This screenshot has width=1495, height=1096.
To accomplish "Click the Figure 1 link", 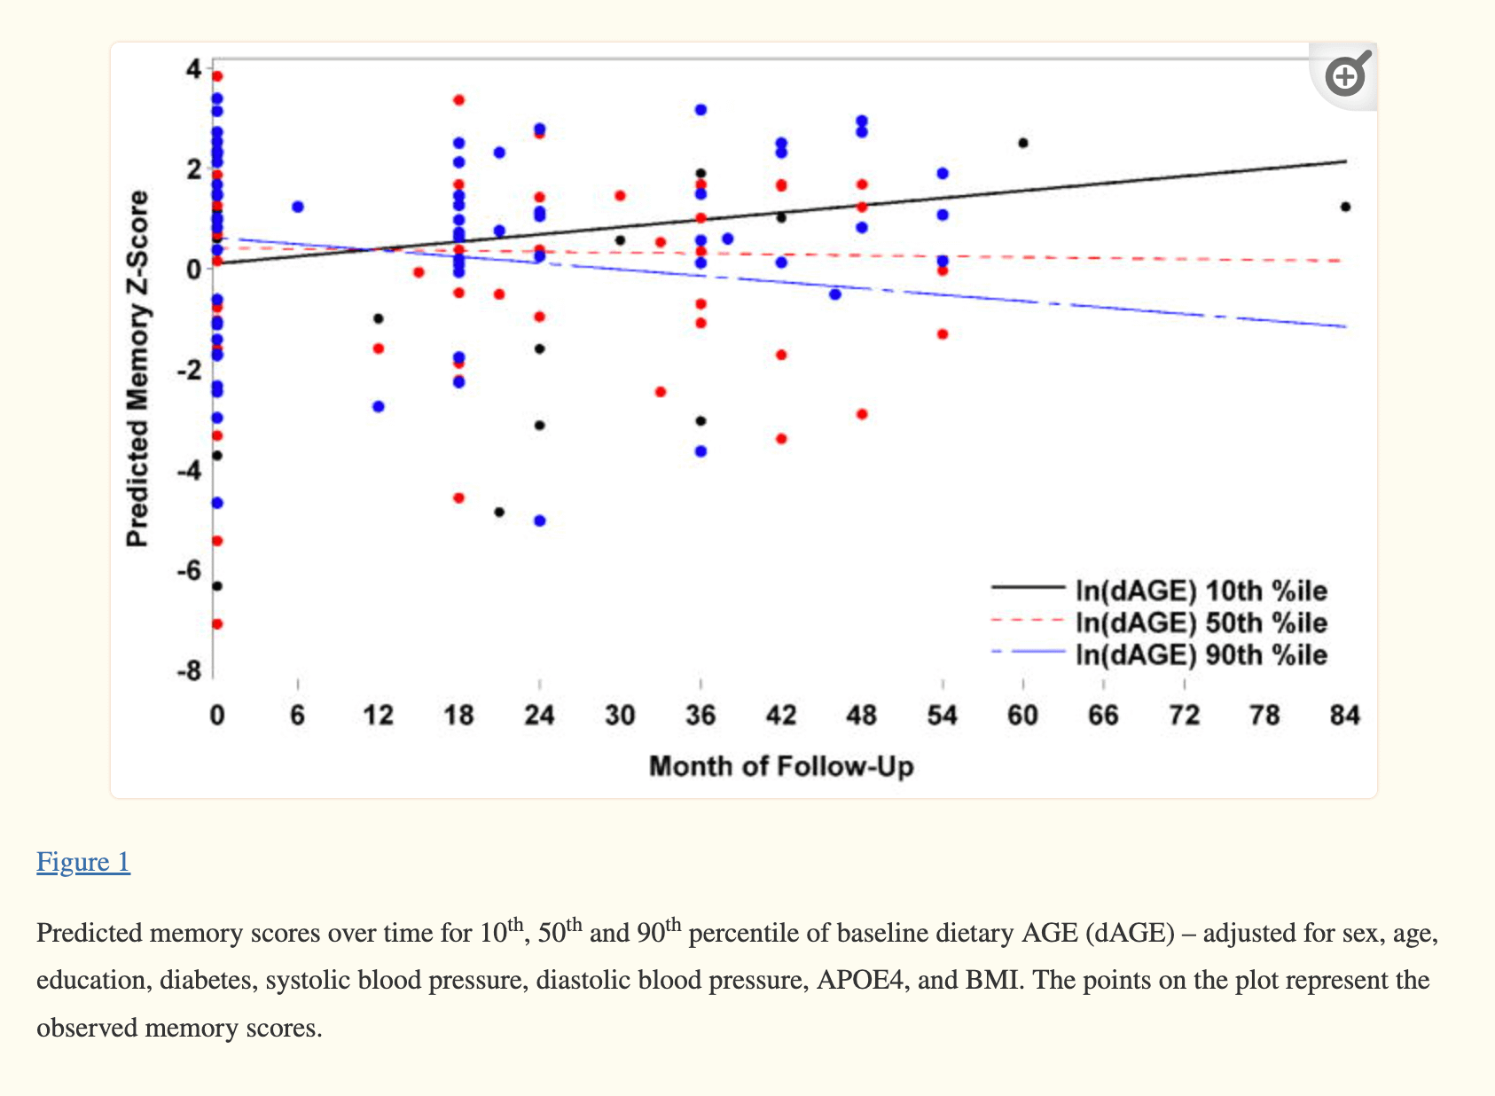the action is (83, 862).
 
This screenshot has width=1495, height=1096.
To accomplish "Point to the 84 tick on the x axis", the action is (1345, 716).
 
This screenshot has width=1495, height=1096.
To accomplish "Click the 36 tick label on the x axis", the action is (701, 716).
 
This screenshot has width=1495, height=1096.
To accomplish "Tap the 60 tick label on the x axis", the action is (1022, 716).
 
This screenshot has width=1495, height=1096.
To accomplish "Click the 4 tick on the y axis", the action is (193, 68).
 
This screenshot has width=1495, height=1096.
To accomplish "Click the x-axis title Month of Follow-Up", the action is (781, 766).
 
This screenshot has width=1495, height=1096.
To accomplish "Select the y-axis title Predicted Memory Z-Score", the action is (137, 369).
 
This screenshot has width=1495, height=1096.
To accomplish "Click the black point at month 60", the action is (1023, 143).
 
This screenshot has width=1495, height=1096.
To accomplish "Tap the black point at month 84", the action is (1345, 207).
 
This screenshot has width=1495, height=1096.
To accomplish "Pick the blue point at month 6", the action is (298, 207).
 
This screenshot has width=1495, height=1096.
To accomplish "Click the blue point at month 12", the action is (379, 406).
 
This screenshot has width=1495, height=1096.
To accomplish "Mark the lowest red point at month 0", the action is (217, 624).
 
